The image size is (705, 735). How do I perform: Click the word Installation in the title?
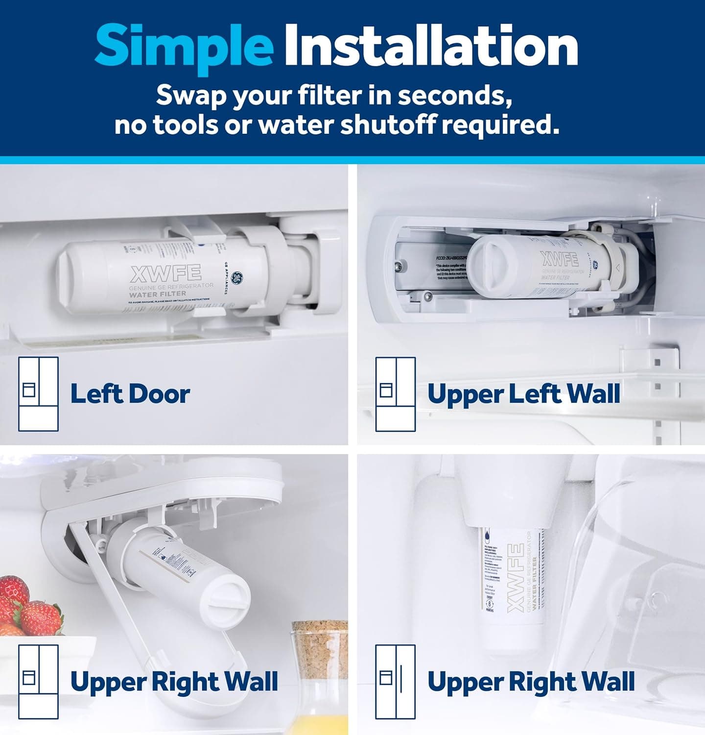tap(431, 47)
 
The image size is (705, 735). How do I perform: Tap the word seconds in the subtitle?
tap(455, 95)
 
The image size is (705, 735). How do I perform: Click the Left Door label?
tap(130, 394)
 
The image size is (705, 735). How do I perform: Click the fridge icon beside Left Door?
tap(38, 394)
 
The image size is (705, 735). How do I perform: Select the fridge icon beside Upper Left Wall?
tap(396, 394)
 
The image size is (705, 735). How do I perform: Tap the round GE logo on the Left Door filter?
tap(237, 278)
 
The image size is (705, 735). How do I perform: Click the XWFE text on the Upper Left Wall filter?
tap(559, 258)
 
